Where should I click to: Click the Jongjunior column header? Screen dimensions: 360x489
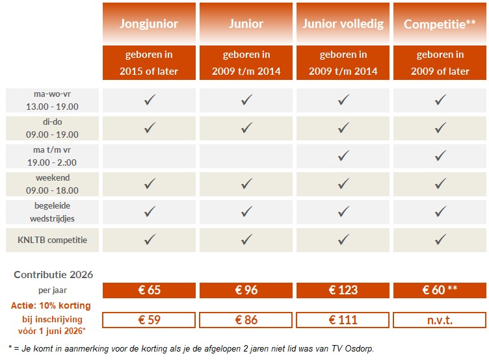149,24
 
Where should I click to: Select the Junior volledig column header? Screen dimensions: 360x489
343,24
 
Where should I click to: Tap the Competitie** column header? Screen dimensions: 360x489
440,24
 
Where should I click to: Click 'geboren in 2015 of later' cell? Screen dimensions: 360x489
149,63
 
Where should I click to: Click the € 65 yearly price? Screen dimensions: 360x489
149,290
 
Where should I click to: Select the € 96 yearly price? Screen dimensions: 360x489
246,290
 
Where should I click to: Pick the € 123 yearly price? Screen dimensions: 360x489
343,290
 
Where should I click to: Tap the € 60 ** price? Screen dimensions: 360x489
440,290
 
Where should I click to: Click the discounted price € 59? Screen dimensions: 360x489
149,320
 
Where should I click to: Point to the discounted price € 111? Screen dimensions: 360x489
343,320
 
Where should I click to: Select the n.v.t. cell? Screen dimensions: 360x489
440,320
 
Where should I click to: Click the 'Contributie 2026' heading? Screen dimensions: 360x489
53,275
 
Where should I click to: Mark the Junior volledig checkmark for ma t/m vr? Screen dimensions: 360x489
343,156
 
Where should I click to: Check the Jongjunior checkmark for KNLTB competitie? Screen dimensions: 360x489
149,240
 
